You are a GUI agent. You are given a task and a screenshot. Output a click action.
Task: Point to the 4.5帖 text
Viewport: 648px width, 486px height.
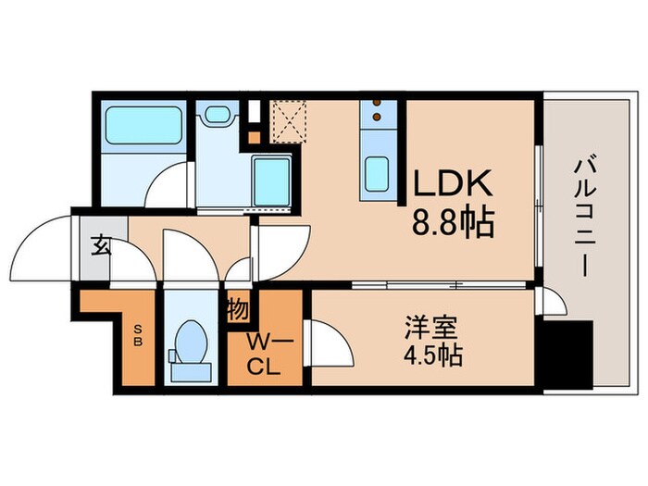coord(428,355)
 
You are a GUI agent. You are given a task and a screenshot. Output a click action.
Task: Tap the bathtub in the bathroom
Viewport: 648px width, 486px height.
coord(143,124)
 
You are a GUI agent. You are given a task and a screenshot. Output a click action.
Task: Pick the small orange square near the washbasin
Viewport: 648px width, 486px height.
coord(254,138)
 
